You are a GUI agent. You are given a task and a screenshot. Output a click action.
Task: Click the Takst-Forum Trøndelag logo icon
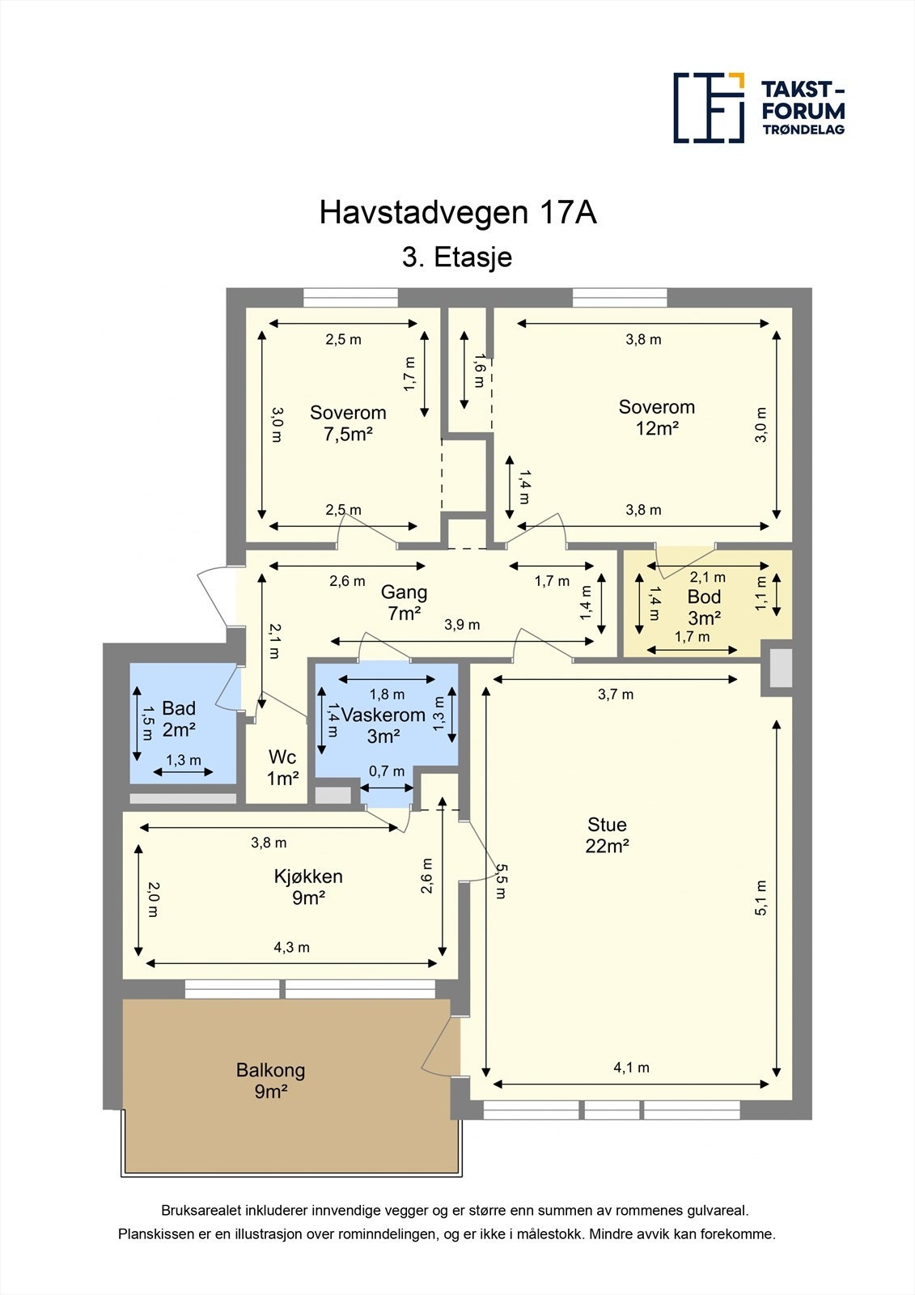709,108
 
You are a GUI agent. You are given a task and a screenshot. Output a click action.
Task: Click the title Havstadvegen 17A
458,213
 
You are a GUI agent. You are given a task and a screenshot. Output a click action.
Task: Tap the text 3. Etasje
457,257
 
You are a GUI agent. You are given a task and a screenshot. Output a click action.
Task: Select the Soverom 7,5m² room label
348,423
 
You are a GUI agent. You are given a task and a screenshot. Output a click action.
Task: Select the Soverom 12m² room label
656,418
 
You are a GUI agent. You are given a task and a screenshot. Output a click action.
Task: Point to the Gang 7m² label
404,603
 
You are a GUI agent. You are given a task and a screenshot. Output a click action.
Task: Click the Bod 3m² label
704,607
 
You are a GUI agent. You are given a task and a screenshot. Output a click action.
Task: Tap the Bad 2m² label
179,719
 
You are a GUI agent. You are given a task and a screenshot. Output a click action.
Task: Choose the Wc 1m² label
282,767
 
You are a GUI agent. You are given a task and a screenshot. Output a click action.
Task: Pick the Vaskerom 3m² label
383,725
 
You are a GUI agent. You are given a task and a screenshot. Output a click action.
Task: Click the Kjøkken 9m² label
308,887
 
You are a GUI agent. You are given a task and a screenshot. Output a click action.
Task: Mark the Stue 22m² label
607,835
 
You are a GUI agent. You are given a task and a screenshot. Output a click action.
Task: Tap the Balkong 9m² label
270,1081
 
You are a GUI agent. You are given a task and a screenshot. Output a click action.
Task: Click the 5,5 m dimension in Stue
501,881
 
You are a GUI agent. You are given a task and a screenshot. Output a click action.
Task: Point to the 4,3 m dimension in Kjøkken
292,947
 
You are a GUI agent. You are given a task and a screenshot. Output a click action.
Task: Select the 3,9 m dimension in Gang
462,625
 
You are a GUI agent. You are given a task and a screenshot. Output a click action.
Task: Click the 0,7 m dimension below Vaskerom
387,771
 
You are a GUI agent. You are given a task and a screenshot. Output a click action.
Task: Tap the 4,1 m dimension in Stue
631,1068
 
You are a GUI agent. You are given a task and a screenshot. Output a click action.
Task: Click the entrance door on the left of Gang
214,597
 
